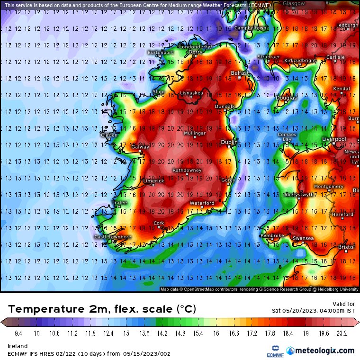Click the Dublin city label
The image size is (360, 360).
[230, 142]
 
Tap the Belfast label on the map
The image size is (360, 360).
[239, 73]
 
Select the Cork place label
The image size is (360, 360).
[159, 223]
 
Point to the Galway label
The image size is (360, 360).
[140, 147]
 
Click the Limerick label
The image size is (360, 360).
[153, 181]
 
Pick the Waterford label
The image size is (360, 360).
[202, 203]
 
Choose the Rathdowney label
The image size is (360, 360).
[187, 170]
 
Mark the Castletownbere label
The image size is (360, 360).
[113, 236]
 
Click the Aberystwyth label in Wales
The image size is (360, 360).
[298, 194]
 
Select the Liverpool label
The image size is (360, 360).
[333, 139]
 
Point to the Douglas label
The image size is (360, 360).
[286, 98]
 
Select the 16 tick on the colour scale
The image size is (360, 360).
[216, 333]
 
